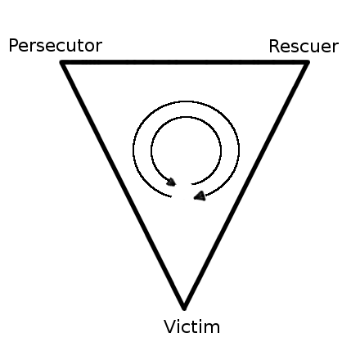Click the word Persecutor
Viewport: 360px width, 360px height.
click(x=56, y=46)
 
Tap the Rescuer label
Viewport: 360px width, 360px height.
click(x=304, y=47)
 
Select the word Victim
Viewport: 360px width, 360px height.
click(x=191, y=326)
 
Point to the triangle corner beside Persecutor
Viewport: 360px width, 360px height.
click(x=62, y=62)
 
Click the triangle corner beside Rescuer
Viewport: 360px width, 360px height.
click(x=308, y=62)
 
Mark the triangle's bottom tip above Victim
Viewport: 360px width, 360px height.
click(x=184, y=308)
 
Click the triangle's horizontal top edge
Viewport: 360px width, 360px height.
click(x=185, y=62)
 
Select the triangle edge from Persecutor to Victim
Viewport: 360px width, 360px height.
click(x=123, y=186)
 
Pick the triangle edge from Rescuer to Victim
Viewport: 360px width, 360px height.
click(x=245, y=186)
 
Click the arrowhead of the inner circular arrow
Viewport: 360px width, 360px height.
click(x=171, y=182)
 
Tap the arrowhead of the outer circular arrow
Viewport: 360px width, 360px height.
click(x=200, y=196)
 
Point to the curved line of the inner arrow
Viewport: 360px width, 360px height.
click(x=187, y=117)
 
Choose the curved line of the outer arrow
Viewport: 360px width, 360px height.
click(x=187, y=101)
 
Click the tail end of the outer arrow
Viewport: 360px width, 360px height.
click(x=171, y=196)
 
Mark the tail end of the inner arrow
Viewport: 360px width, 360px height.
click(x=191, y=184)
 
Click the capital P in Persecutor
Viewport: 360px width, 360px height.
click(x=14, y=46)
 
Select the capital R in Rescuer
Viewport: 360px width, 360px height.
click(x=274, y=47)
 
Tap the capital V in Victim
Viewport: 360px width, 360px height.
click(x=169, y=326)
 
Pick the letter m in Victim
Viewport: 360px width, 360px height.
click(x=212, y=328)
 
